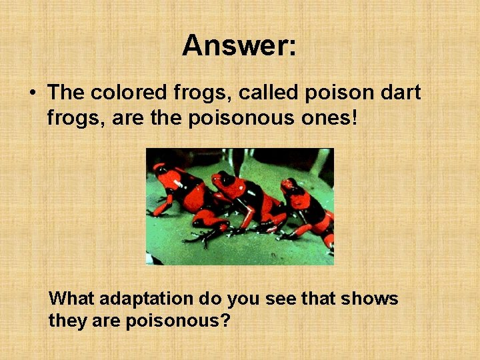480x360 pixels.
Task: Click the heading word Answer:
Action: pos(239,46)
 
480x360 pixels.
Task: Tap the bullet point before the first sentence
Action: pos(32,93)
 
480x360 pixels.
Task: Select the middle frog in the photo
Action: pos(247,200)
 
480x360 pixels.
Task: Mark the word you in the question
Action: pos(244,298)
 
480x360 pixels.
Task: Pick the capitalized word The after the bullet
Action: pos(64,93)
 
